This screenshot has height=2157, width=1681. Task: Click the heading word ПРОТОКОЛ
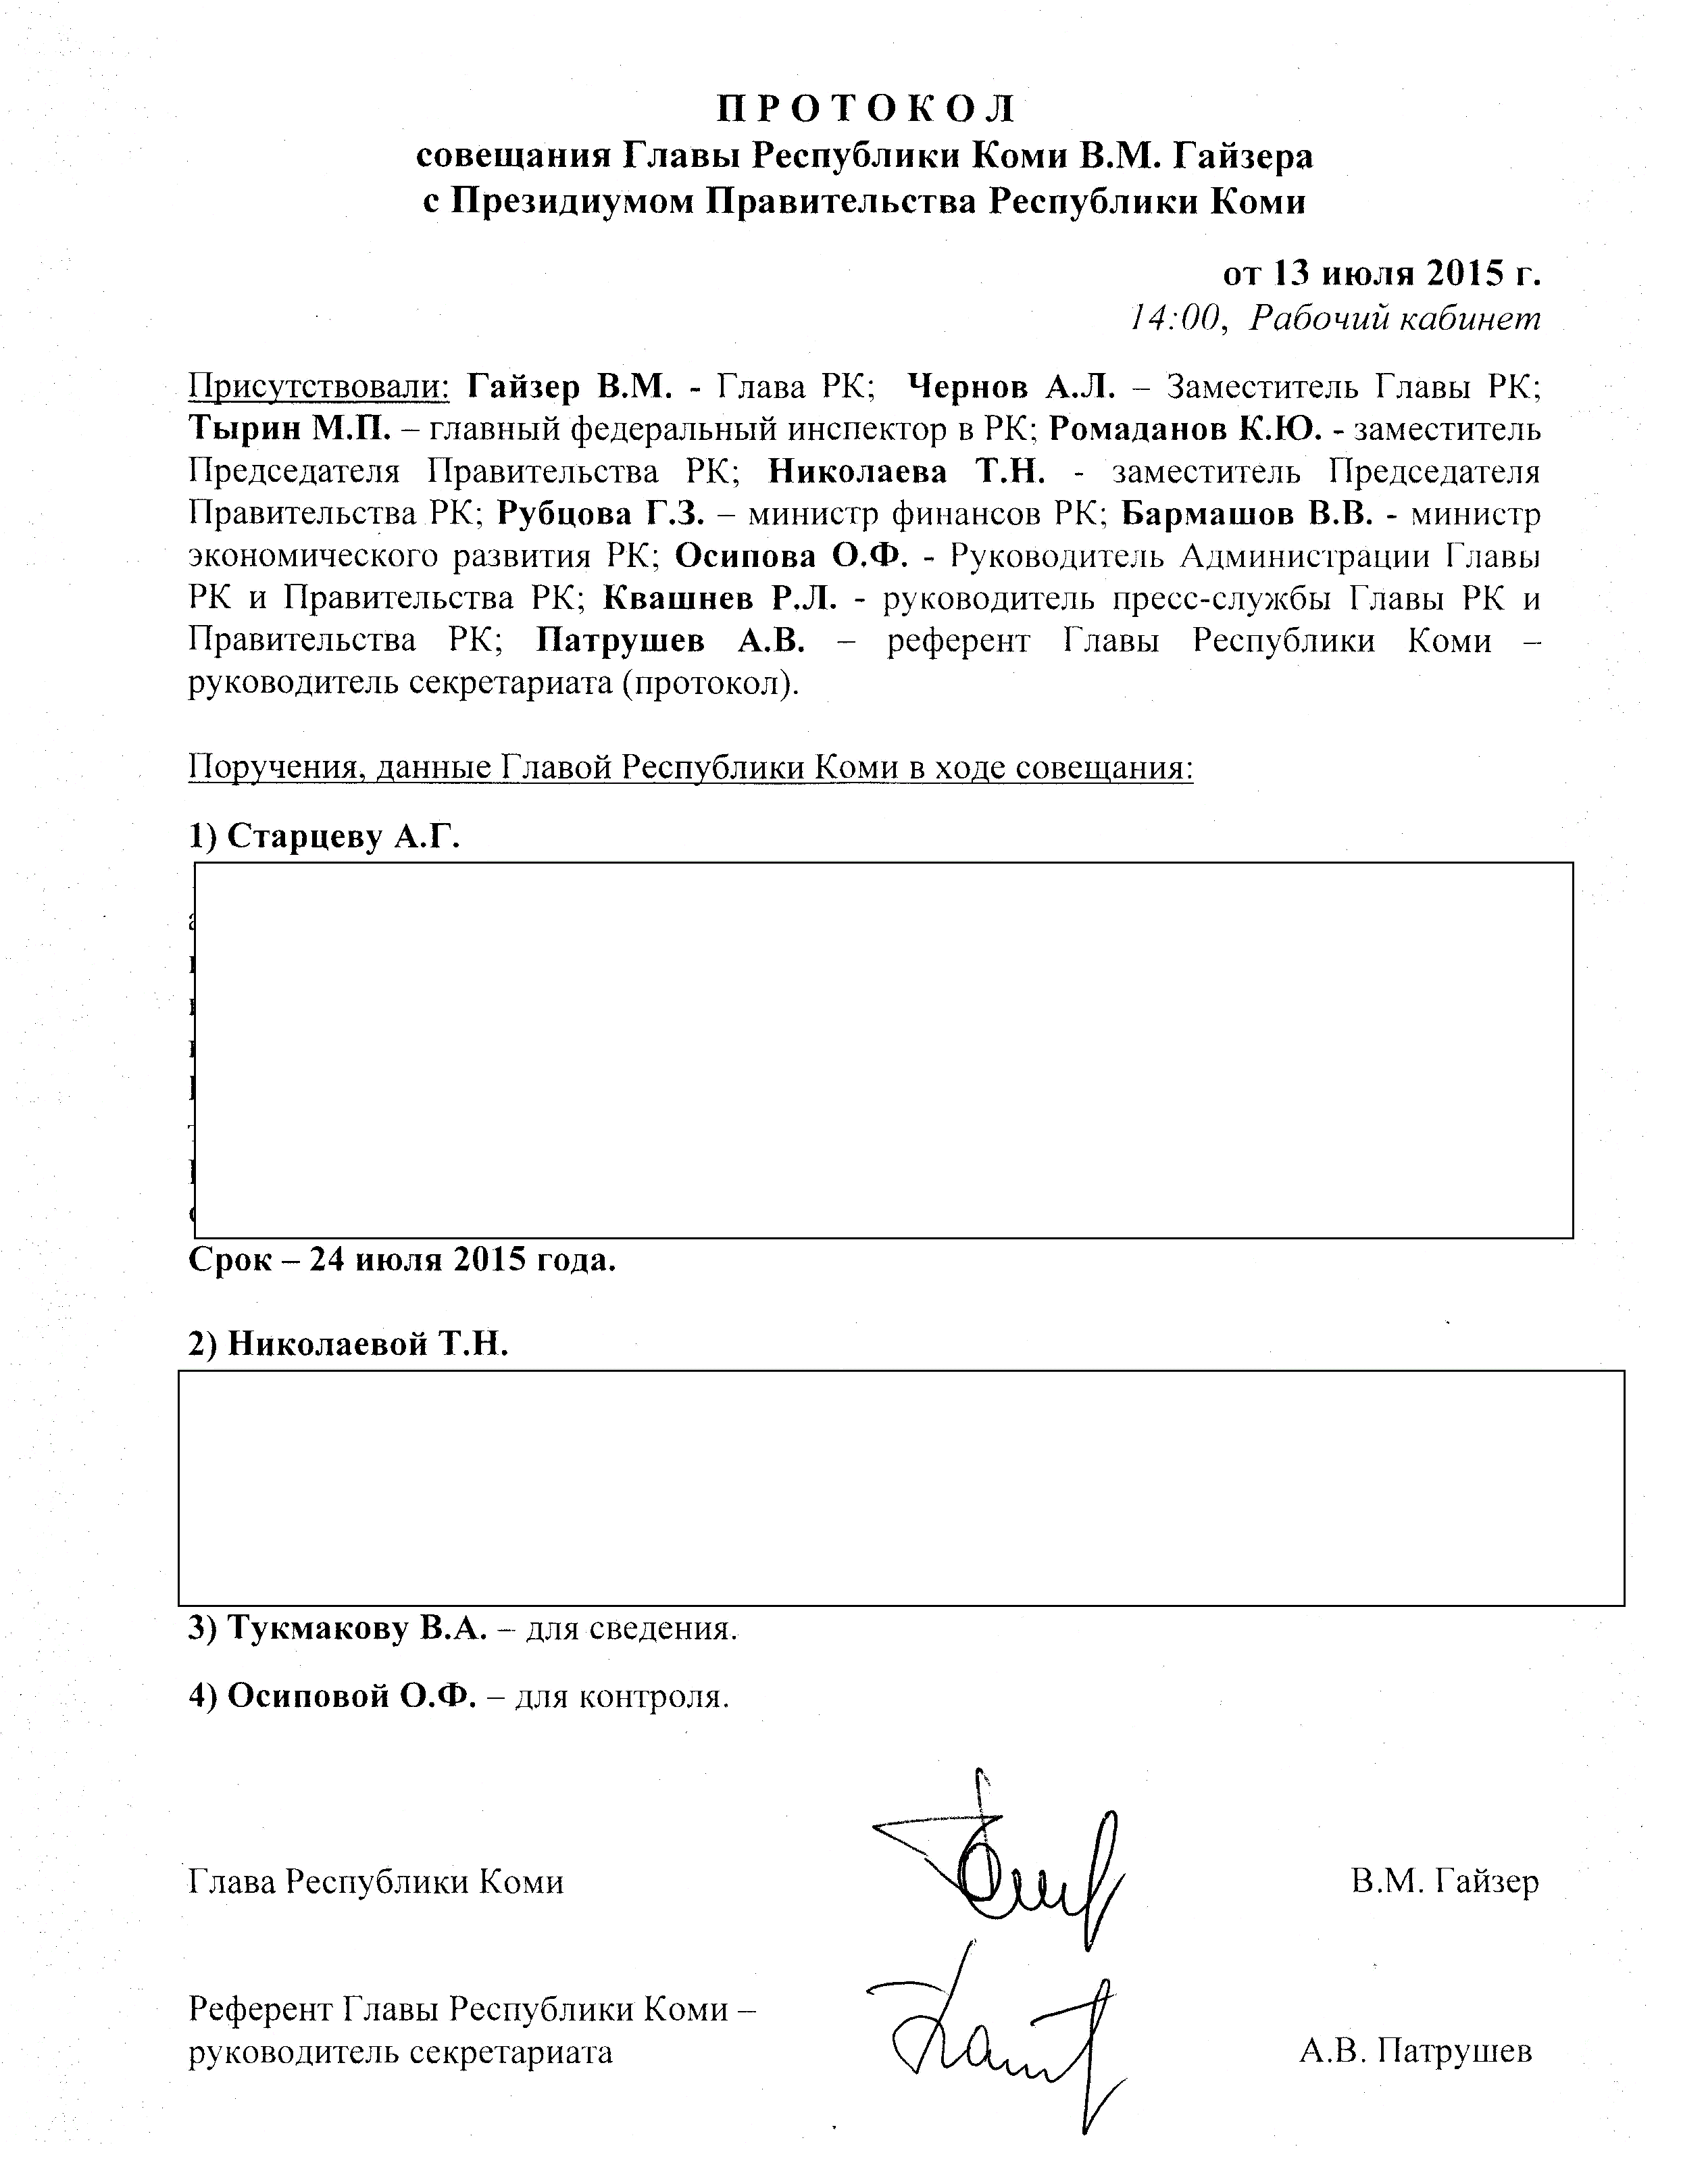click(x=865, y=107)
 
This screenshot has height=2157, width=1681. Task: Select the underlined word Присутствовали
click(x=319, y=386)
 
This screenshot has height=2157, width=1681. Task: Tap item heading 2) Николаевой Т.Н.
click(x=348, y=1344)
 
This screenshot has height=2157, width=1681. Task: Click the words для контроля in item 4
click(x=622, y=1697)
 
